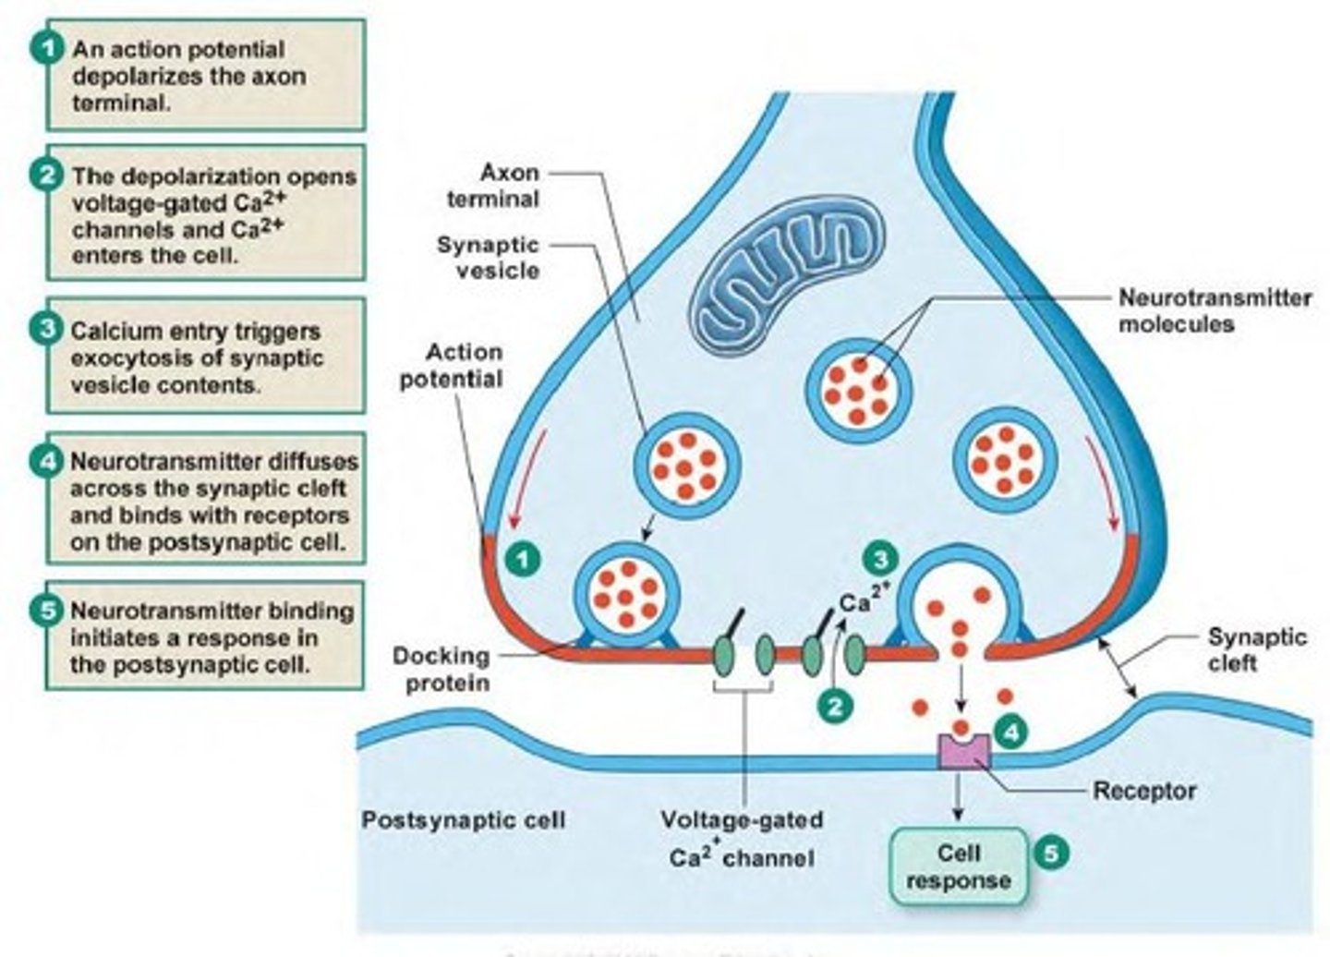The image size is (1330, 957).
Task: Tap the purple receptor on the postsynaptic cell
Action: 963,749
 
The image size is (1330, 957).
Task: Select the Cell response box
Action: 958,866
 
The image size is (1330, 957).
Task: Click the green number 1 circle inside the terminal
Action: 524,559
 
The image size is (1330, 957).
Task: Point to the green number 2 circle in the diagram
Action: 835,707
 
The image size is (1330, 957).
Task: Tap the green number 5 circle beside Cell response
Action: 1050,852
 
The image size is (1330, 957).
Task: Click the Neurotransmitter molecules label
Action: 1214,311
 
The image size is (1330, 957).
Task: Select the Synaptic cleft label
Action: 1244,649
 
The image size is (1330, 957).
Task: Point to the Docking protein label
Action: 441,670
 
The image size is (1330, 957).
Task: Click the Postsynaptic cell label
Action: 463,820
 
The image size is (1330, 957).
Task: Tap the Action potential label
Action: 451,366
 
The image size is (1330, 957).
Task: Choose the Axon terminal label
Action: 492,186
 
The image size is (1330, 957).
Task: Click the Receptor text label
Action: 1143,792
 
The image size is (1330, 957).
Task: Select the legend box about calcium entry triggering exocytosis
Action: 206,357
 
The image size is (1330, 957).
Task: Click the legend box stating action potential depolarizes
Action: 206,76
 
